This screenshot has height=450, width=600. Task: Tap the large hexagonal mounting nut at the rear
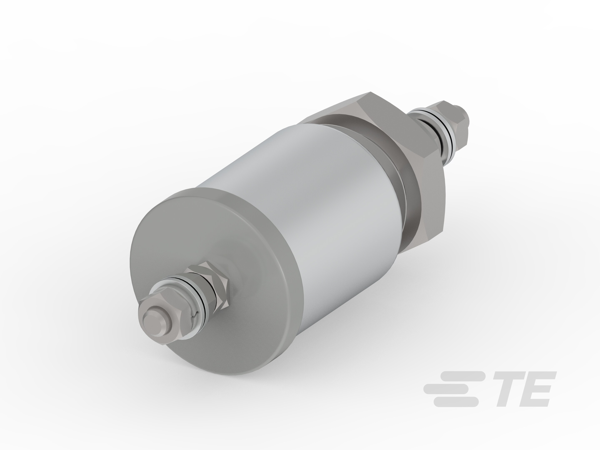[401, 136]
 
